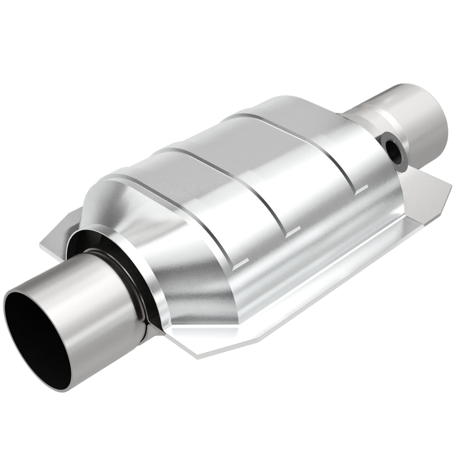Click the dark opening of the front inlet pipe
pos(38,327)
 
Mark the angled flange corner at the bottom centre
pos(202,354)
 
